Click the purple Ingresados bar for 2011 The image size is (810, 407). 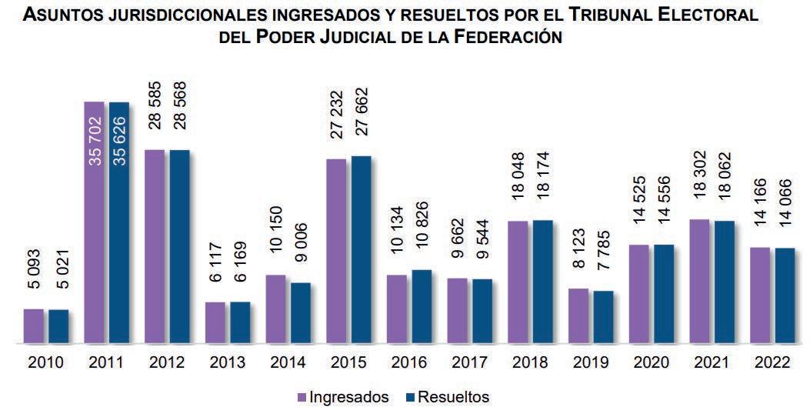94,223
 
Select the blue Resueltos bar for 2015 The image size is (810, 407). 360,249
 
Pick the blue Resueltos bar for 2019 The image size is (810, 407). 603,316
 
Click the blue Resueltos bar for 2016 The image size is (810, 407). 421,305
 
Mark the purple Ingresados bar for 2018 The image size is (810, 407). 518,282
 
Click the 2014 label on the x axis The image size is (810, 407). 288,362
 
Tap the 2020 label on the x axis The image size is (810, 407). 651,362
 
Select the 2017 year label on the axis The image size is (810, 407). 469,362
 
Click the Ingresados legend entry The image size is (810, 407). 342,397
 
